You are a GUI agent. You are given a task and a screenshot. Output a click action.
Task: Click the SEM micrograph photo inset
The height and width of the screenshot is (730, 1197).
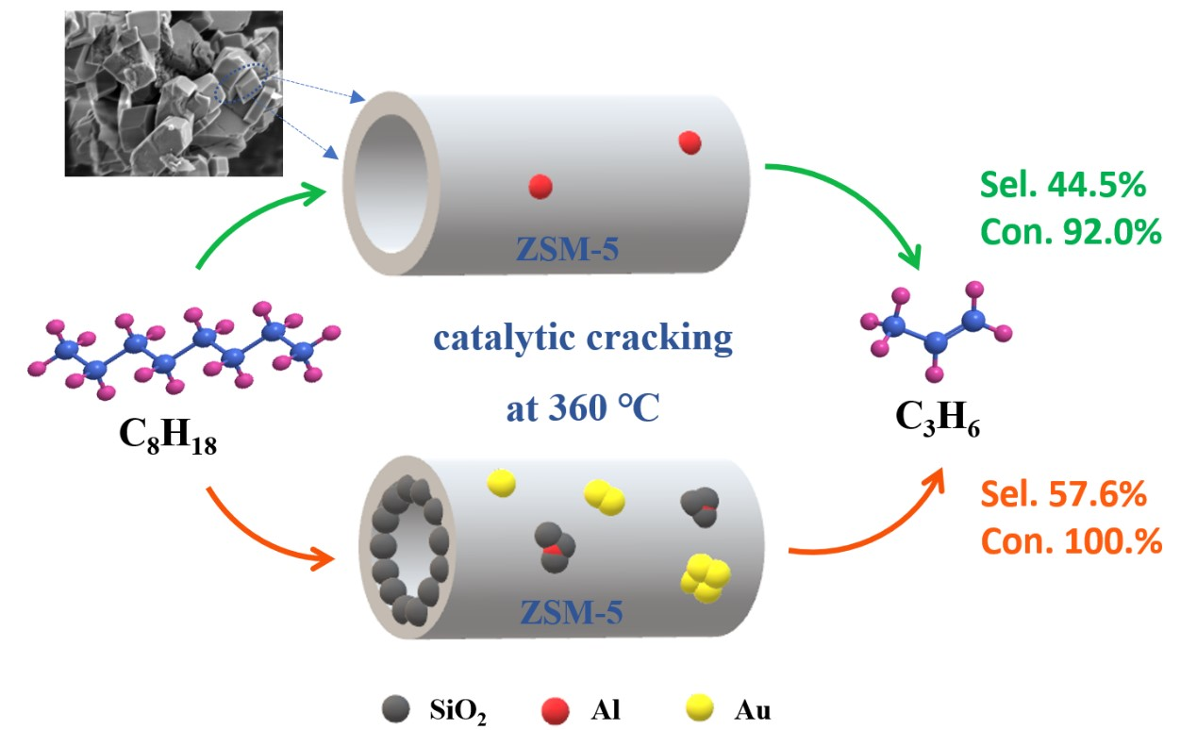click(x=173, y=93)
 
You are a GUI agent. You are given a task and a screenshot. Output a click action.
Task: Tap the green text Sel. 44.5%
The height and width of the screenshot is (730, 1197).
click(x=1062, y=186)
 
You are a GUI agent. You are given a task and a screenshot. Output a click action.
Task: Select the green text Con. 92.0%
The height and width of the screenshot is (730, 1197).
click(x=1070, y=232)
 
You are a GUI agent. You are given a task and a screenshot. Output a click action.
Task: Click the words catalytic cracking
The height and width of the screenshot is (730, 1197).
click(x=582, y=338)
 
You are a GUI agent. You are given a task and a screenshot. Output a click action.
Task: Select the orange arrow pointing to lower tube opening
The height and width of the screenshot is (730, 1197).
click(x=264, y=533)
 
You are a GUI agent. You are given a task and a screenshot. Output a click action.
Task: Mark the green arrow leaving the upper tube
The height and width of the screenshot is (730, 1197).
click(x=854, y=203)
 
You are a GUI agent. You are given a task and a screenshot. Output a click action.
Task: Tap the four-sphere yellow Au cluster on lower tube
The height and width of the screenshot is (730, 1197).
click(x=707, y=578)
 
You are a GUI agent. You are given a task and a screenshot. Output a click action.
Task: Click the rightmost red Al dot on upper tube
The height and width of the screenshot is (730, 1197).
click(x=690, y=142)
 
